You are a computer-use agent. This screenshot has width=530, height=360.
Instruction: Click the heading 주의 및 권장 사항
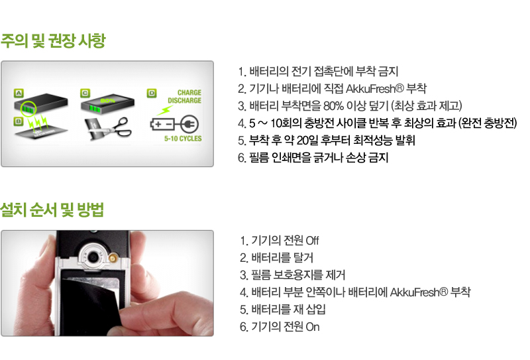(53, 41)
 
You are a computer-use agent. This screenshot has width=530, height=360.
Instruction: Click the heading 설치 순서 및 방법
(52, 210)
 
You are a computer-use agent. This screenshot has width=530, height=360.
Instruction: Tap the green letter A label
(19, 93)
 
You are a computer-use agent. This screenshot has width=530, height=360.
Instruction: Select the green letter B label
(19, 121)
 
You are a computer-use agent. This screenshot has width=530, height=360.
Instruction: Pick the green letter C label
(85, 93)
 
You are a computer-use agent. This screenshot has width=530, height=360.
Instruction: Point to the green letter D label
(152, 93)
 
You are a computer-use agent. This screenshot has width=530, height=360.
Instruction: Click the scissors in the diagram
(120, 127)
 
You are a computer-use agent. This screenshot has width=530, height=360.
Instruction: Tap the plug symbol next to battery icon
(189, 125)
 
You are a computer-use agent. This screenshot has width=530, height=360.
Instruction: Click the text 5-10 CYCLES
(183, 139)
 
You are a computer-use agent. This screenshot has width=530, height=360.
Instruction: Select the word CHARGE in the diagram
(189, 93)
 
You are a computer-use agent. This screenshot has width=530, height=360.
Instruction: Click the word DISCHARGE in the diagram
(185, 101)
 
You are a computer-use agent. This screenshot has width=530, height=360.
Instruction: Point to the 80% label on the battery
(107, 101)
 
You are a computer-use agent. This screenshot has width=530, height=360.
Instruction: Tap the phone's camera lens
(93, 257)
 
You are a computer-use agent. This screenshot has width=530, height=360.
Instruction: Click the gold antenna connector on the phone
(112, 259)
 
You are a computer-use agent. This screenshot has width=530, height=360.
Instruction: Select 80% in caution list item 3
(334, 106)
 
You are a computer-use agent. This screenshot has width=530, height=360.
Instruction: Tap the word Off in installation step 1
(312, 241)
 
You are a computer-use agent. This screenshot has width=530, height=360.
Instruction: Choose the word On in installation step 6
(313, 327)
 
